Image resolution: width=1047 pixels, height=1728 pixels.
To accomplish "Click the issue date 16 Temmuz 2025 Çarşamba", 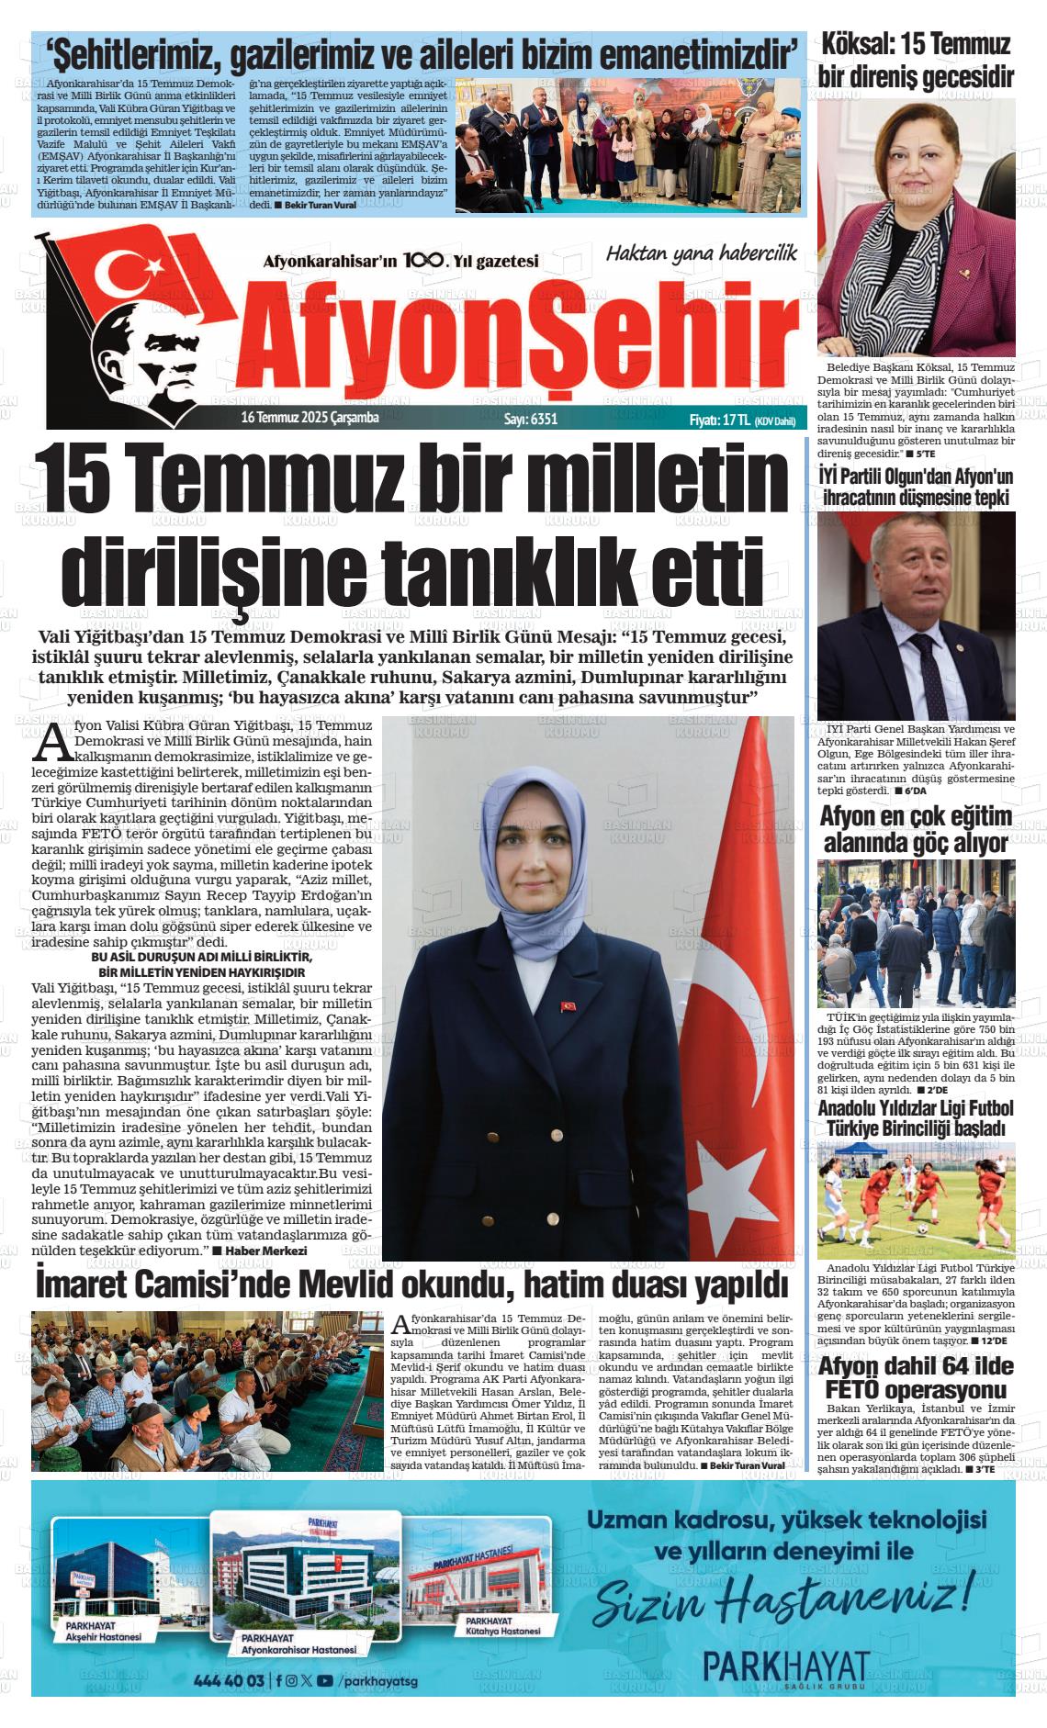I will tap(309, 418).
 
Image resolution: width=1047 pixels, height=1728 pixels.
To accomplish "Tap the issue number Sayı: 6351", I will tap(530, 419).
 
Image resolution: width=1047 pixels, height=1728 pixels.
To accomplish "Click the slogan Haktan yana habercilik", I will tap(701, 252).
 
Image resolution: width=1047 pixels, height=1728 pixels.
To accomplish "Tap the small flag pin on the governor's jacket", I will tap(569, 1006).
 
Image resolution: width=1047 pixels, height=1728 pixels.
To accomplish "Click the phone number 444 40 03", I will tap(229, 1680).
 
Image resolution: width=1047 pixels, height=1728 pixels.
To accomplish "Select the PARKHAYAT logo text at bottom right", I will tap(785, 1666).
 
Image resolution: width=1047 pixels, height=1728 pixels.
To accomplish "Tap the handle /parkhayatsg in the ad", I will tap(377, 1680).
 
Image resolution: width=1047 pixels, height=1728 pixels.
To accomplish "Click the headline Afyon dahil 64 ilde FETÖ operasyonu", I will tap(916, 1377).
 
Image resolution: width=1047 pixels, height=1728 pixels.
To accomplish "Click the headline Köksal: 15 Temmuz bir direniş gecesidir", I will tap(916, 61).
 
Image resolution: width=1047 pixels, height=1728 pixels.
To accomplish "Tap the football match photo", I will tap(916, 1201).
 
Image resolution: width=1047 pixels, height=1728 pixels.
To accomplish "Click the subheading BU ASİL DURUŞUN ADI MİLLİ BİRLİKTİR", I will tap(201, 959).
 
